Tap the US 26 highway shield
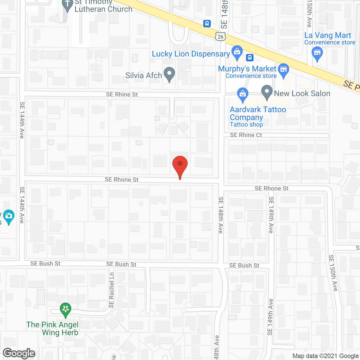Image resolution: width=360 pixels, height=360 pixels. [220, 37]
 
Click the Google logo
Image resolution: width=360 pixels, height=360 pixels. [19, 354]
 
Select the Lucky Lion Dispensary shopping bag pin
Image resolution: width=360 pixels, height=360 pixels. [237, 52]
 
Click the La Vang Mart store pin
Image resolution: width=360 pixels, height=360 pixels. [317, 53]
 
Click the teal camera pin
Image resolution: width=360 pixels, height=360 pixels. [9, 217]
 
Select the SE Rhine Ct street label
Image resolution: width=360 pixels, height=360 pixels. [246, 135]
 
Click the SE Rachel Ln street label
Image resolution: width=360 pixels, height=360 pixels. [112, 290]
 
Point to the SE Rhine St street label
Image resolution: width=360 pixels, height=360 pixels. [122, 94]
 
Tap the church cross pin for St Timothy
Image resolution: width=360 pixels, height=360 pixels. [67, 5]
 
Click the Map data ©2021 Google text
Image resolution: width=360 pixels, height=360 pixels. [325, 356]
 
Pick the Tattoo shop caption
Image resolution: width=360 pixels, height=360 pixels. [246, 125]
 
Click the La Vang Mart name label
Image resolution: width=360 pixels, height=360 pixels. [328, 35]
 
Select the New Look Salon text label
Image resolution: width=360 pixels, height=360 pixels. [302, 93]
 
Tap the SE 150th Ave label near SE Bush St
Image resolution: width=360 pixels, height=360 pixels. [333, 273]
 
